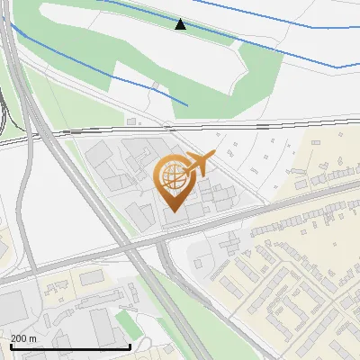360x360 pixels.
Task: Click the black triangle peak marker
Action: coord(181,24)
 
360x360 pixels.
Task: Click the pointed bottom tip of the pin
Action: coord(174,212)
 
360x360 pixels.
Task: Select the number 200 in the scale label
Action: coord(19,337)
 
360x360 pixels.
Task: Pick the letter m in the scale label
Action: coord(33,337)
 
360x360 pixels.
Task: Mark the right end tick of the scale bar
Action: coord(130,346)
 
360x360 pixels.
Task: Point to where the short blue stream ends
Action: coord(187,105)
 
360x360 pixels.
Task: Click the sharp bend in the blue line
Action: coord(337,67)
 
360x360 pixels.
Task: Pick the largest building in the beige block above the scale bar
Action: coord(93,278)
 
